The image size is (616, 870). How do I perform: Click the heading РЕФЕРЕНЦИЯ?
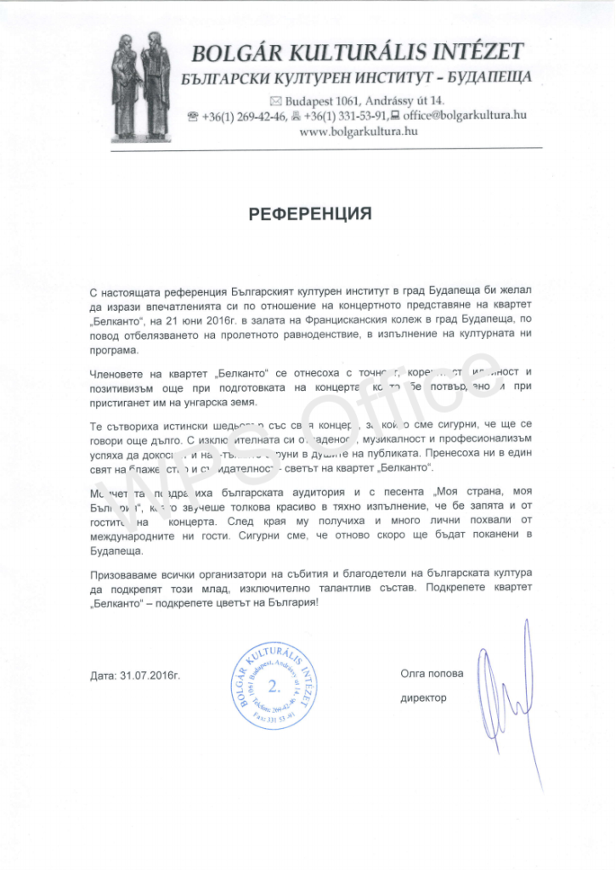point(310,213)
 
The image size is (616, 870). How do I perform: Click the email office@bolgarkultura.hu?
point(464,116)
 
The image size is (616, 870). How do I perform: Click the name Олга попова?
point(432,675)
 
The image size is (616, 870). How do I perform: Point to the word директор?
point(423,698)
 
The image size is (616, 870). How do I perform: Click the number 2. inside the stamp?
point(273,685)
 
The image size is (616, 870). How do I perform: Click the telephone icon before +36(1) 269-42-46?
point(192,116)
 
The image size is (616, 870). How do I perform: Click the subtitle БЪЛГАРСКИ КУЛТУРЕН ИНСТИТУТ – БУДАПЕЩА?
point(358,78)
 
